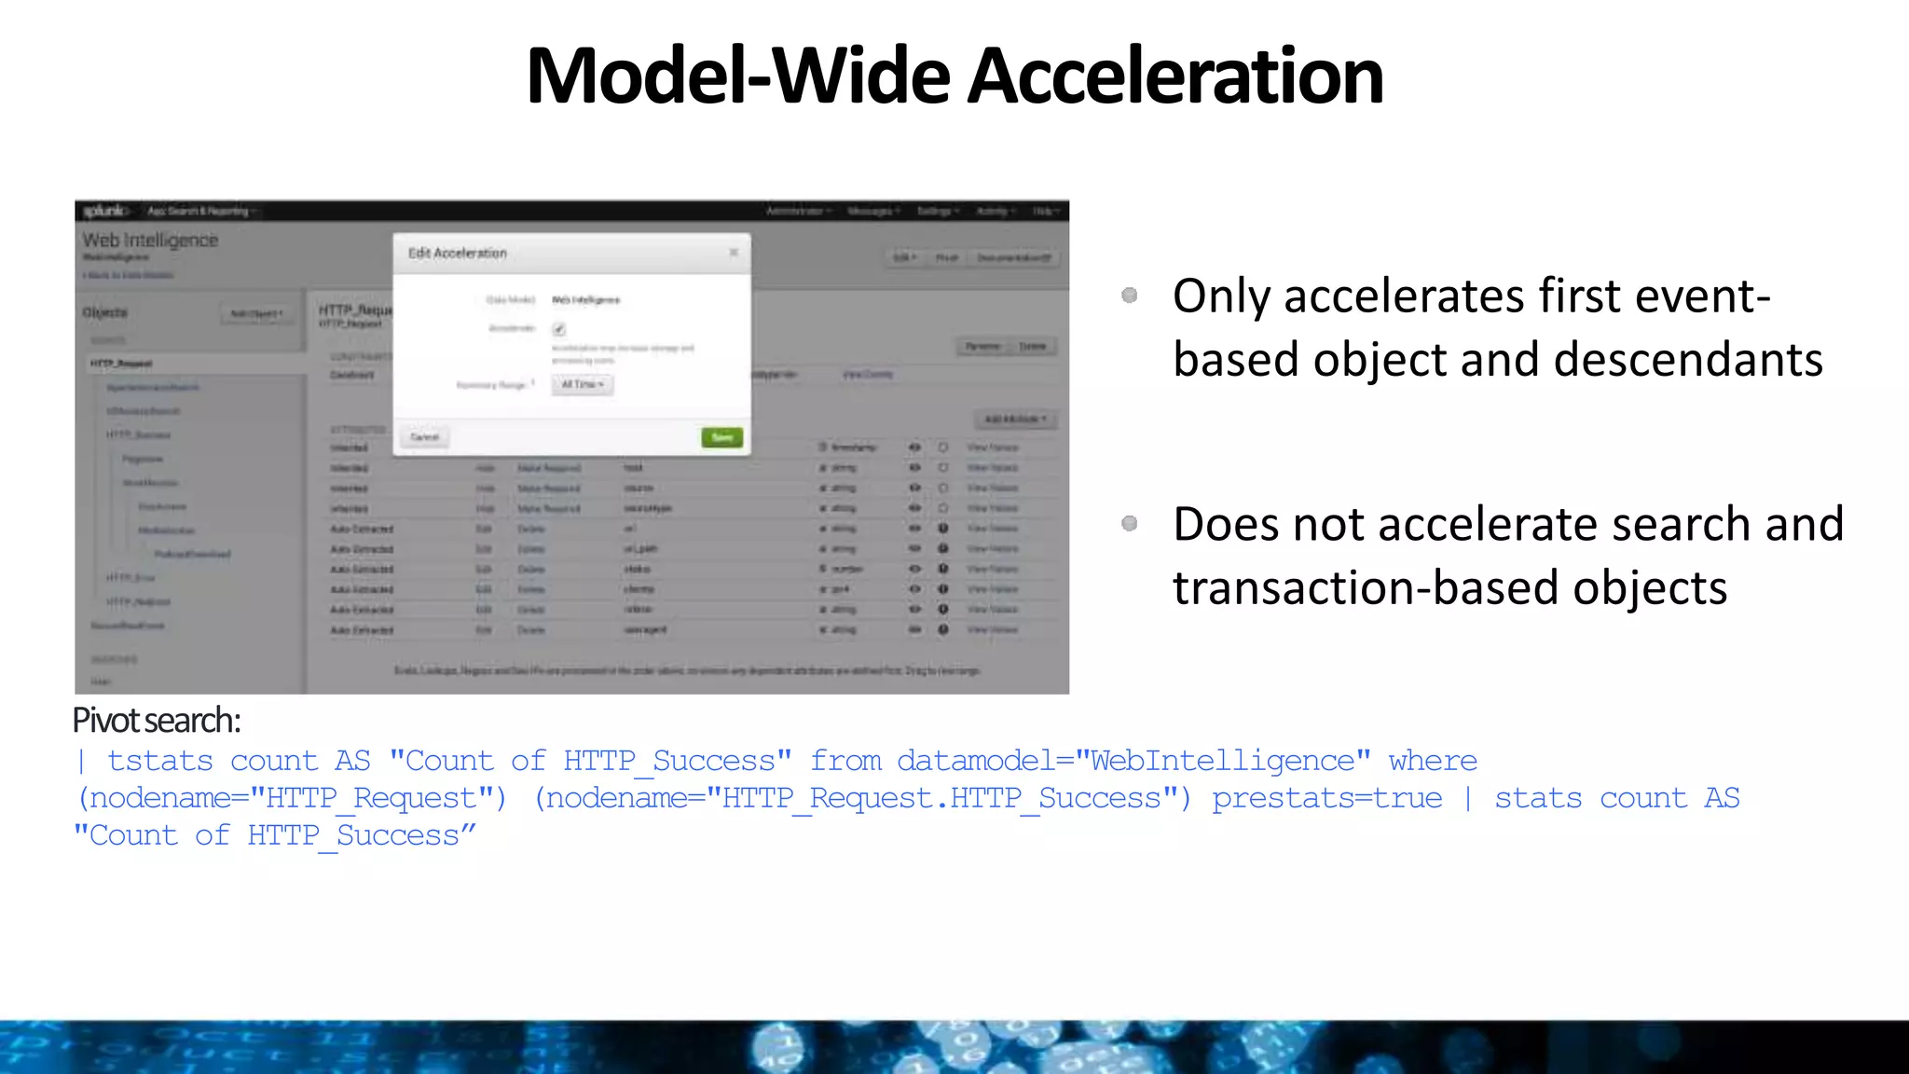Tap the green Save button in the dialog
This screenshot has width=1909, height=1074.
[x=722, y=437]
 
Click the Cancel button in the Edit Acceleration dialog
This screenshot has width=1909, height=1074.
[x=424, y=437]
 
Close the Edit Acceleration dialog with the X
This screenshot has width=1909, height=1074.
[x=734, y=253]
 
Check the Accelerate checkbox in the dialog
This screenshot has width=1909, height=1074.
[x=559, y=329]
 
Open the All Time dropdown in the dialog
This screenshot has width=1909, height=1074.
[x=583, y=385]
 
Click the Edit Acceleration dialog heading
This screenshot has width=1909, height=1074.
[x=458, y=254]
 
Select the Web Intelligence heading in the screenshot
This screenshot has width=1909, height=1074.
[x=150, y=241]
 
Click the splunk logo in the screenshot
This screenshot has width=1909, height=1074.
[x=104, y=212]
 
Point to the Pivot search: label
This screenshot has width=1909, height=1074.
[x=157, y=721]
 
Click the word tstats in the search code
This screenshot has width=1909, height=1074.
[x=160, y=762]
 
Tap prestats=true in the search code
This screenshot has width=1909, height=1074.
[x=1326, y=799]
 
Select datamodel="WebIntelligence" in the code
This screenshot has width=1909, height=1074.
[x=1133, y=762]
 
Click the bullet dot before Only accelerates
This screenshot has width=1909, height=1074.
[x=1130, y=296]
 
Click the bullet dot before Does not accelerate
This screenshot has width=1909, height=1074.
[x=1130, y=524]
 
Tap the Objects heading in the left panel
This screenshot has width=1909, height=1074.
[x=105, y=312]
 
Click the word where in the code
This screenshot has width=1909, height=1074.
[x=1433, y=762]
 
